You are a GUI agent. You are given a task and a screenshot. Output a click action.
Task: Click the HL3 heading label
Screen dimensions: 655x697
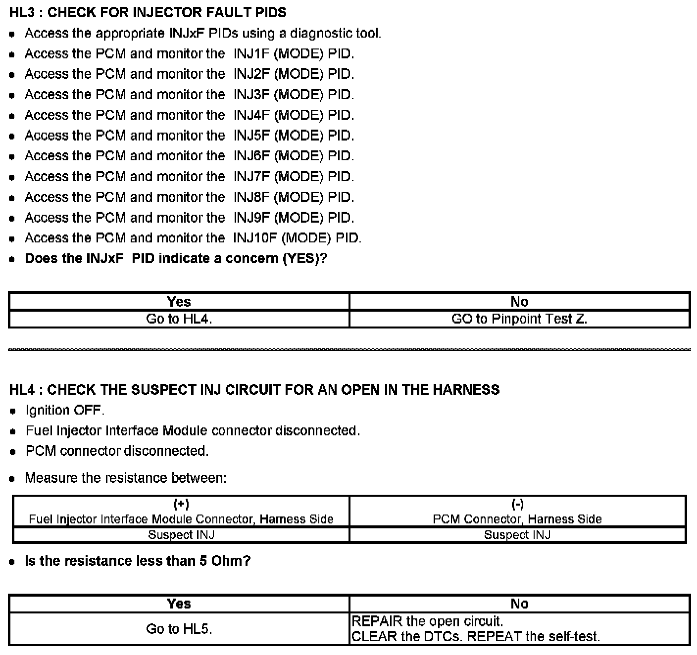22,12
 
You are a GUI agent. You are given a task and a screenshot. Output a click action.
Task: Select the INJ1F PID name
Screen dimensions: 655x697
251,53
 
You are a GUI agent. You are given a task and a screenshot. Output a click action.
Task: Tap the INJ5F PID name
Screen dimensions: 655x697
251,136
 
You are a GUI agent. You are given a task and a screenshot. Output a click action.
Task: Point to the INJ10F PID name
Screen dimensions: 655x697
255,238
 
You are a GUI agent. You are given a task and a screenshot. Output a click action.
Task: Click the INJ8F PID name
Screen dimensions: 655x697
251,197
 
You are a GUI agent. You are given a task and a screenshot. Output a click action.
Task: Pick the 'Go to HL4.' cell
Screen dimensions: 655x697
179,319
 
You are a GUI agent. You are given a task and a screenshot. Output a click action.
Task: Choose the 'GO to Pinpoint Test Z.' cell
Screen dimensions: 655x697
519,319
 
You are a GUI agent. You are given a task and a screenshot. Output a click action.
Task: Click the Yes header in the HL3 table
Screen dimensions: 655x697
179,301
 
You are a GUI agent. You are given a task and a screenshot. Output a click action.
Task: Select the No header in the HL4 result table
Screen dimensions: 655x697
519,604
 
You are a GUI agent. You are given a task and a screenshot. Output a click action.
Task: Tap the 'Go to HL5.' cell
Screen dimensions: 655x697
179,629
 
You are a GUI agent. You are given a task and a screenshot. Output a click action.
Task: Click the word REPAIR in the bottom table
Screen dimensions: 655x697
376,621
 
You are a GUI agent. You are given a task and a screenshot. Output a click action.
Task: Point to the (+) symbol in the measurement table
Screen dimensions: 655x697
181,504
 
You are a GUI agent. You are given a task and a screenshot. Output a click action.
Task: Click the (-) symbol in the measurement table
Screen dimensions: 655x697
517,504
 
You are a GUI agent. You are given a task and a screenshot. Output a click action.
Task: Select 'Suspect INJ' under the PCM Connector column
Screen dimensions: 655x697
517,535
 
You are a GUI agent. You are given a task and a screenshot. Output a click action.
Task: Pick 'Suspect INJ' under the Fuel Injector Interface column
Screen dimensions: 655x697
181,535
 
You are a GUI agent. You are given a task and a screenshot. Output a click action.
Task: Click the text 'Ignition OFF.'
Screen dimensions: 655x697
65,410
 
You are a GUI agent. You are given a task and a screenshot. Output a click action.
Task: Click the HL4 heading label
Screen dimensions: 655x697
22,390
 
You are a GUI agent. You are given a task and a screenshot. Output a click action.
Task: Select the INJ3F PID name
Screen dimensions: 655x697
251,94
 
